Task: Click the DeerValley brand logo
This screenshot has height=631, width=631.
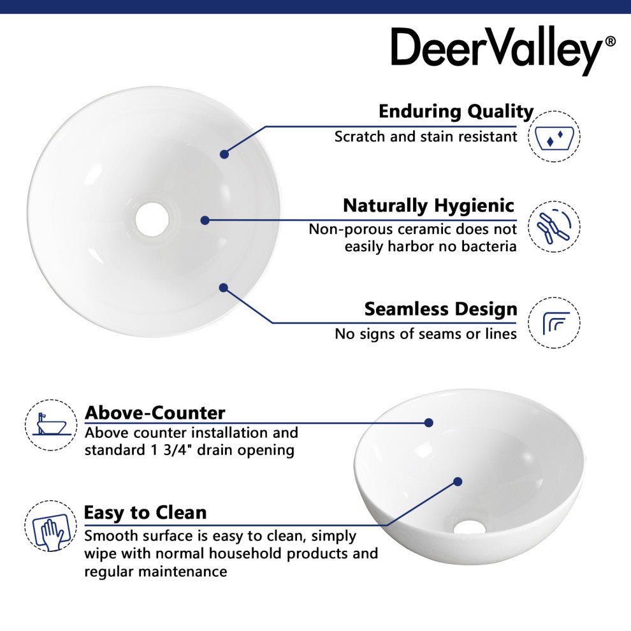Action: (x=503, y=50)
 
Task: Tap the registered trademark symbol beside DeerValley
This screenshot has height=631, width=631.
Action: (x=611, y=41)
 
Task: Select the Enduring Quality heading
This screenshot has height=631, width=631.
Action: (x=456, y=112)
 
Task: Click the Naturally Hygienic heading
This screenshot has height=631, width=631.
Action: (x=428, y=206)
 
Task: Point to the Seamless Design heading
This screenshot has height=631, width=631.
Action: (x=440, y=309)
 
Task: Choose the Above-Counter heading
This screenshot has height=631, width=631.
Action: (x=155, y=413)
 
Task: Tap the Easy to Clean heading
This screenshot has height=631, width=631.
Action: (x=145, y=512)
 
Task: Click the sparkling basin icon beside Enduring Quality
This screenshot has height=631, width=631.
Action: (x=554, y=136)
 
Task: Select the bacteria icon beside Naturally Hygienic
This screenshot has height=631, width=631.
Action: (x=554, y=226)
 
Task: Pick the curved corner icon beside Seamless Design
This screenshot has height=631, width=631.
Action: (x=554, y=323)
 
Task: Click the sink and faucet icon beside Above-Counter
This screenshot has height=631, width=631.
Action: (x=51, y=425)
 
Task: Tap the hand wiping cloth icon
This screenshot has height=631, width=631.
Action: (x=51, y=526)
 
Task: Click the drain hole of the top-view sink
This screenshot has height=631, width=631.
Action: (x=152, y=219)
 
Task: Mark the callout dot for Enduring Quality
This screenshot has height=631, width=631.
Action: (x=224, y=154)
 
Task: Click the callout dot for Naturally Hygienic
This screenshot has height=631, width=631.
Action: (x=205, y=220)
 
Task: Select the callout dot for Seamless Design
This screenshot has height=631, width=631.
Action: (x=224, y=287)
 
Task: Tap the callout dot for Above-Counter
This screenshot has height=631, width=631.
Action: (x=429, y=423)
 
